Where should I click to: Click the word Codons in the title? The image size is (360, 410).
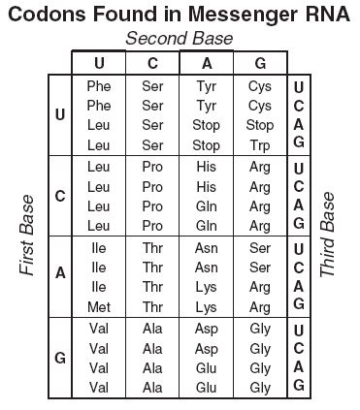(48, 15)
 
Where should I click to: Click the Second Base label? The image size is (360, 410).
(180, 39)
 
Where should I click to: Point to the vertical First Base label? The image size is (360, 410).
(26, 236)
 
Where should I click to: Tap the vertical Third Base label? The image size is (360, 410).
(327, 235)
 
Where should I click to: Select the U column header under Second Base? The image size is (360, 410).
(99, 63)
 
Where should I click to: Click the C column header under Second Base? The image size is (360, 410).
(152, 63)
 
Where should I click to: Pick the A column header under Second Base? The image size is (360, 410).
(207, 63)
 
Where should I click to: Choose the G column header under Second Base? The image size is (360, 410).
(260, 63)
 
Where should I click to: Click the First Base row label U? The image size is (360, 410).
(60, 114)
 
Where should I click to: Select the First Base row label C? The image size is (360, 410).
(60, 196)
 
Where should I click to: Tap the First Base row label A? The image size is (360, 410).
(60, 273)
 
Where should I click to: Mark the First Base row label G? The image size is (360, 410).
(60, 358)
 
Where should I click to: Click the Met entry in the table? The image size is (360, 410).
(99, 307)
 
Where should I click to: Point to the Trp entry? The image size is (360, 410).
(260, 146)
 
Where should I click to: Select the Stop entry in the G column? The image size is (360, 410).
(260, 126)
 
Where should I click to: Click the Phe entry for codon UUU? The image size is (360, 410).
(99, 86)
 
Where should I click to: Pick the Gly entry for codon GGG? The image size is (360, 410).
(260, 389)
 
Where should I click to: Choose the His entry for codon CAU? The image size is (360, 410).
(207, 167)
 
